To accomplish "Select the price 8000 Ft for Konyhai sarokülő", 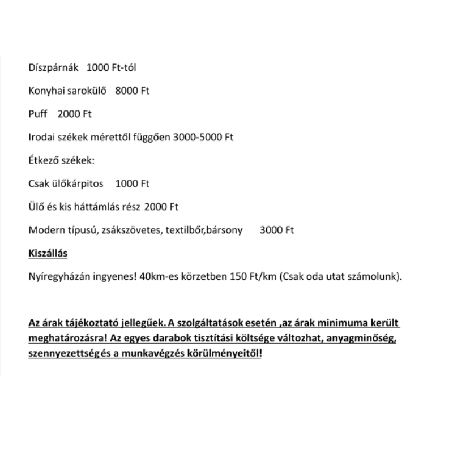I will [x=132, y=91].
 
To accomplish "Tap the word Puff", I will [x=37, y=114].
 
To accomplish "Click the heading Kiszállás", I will [x=48, y=254].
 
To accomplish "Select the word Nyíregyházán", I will [x=57, y=277].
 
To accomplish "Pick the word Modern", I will [x=45, y=230].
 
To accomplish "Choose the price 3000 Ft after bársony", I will [x=277, y=230].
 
